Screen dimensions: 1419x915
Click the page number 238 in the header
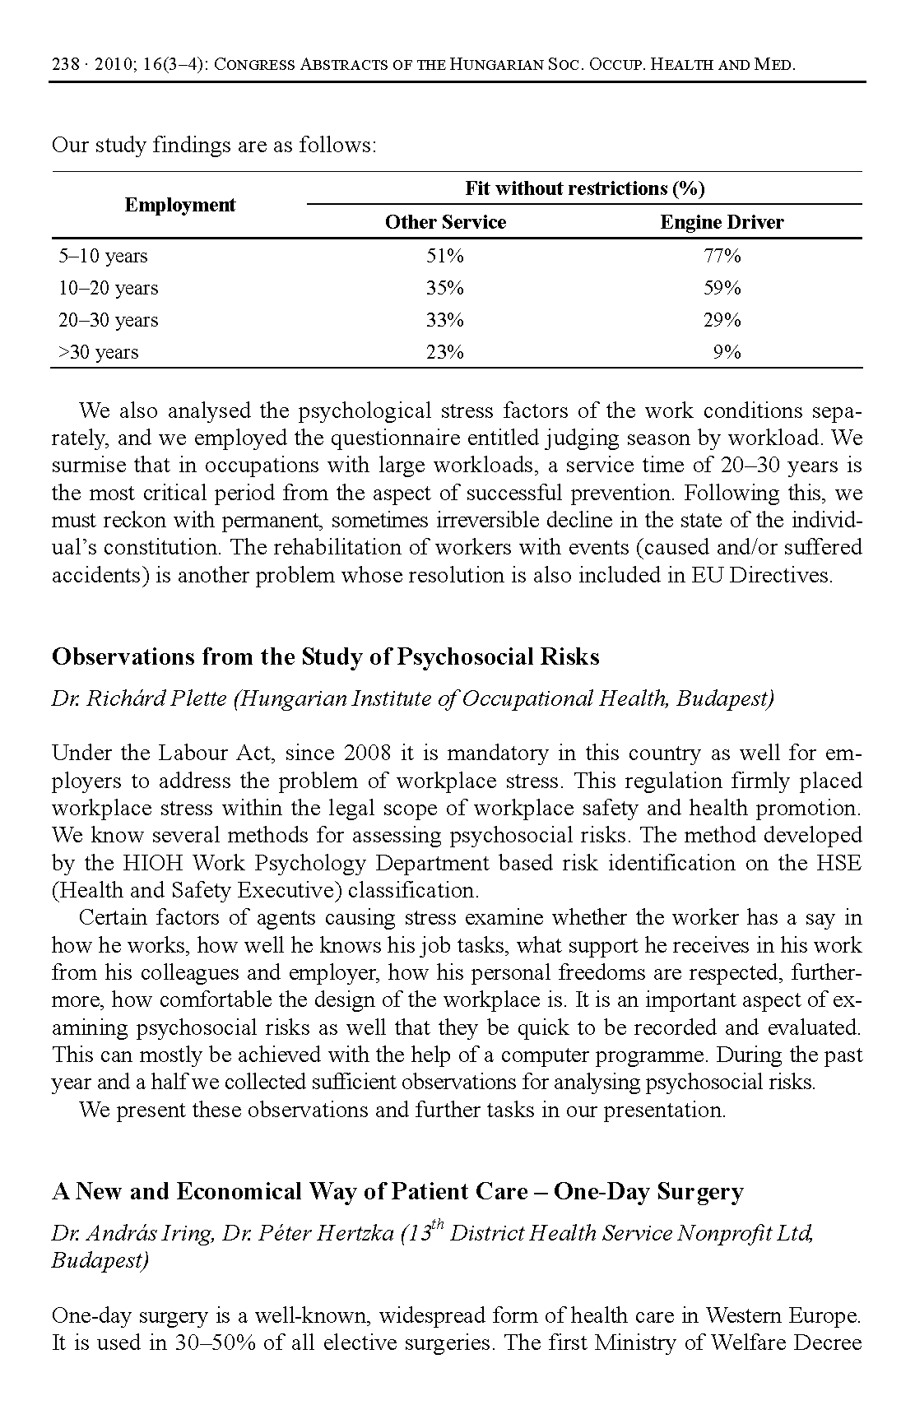point(64,64)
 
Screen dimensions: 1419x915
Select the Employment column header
point(179,205)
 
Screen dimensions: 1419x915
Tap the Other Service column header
point(445,222)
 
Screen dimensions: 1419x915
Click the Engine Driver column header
point(722,222)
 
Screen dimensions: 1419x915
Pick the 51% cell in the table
point(445,256)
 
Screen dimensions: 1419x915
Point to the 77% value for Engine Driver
point(722,256)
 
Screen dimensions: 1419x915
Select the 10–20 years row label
point(108,288)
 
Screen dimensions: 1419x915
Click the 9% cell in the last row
point(727,352)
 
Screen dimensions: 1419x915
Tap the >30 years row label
point(98,352)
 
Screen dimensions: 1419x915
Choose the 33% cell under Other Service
point(445,320)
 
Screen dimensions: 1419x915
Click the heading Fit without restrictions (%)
point(584,188)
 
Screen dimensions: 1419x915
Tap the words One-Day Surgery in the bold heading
point(648,1192)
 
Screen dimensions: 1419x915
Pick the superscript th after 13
point(437,1226)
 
